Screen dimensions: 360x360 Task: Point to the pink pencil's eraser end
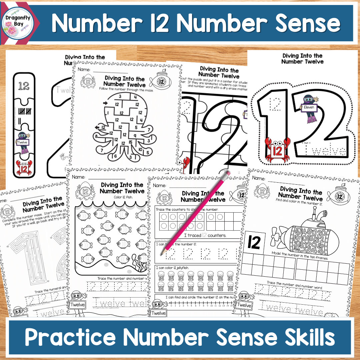[228, 174]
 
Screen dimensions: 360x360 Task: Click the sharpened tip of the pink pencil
[161, 255]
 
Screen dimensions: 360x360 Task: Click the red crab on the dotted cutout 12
[277, 149]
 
